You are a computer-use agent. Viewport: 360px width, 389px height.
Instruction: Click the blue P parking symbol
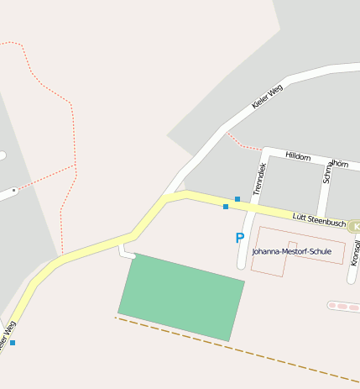[239, 238]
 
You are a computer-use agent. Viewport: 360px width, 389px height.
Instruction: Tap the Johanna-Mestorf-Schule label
[291, 251]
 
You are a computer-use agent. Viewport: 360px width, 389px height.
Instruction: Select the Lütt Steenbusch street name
[318, 220]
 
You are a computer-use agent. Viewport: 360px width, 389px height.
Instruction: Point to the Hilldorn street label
[298, 157]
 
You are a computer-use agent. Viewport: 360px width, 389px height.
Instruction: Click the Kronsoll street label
[355, 252]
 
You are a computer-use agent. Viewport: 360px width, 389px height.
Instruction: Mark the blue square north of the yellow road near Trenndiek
[237, 199]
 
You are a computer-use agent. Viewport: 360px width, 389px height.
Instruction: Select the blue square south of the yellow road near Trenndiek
[226, 207]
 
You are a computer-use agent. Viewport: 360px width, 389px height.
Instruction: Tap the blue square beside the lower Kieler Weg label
[13, 343]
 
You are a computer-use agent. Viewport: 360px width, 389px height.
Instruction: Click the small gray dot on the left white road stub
[13, 191]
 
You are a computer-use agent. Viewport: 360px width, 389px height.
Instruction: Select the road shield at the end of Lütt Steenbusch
[354, 226]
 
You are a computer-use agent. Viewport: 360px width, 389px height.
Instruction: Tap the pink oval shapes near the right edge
[342, 306]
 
